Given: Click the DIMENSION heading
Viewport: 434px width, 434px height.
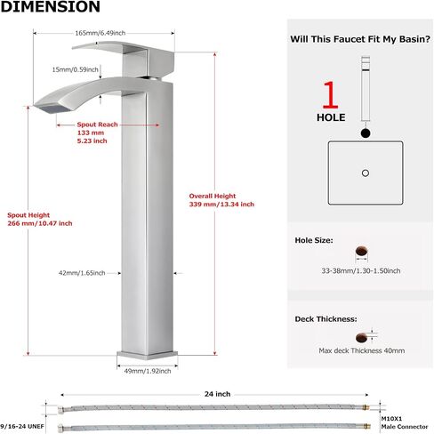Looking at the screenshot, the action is (51, 6).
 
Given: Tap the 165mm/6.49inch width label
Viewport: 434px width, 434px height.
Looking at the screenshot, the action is (100, 33).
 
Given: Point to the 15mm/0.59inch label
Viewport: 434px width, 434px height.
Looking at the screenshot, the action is (75, 69).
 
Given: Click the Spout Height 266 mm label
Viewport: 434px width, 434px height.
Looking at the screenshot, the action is (40, 219).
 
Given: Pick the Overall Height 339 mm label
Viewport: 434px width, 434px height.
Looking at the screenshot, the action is (221, 200).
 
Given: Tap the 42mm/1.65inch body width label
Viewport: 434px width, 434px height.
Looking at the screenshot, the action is (82, 273).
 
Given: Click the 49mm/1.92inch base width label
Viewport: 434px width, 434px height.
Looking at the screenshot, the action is (148, 371).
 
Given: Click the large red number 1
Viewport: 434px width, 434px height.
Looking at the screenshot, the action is (331, 95).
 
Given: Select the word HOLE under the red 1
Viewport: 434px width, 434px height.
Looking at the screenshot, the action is (331, 117).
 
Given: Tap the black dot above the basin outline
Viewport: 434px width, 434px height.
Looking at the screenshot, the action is (366, 133).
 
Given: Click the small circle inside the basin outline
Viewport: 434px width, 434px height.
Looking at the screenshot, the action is (366, 173).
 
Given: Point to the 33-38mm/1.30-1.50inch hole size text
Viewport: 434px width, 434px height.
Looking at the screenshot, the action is (361, 270).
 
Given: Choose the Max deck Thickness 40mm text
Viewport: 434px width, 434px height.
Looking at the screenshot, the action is (362, 350).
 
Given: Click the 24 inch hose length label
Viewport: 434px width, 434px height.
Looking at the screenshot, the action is (217, 394).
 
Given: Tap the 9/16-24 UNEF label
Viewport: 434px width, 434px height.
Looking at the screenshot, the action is (22, 427).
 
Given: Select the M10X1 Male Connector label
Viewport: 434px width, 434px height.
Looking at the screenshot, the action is (405, 422).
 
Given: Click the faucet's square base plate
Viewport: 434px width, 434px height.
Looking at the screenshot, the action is (148, 355).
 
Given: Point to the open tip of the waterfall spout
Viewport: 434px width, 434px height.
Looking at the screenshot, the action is (52, 108).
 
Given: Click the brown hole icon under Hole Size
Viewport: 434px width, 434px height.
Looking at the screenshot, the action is (362, 252).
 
